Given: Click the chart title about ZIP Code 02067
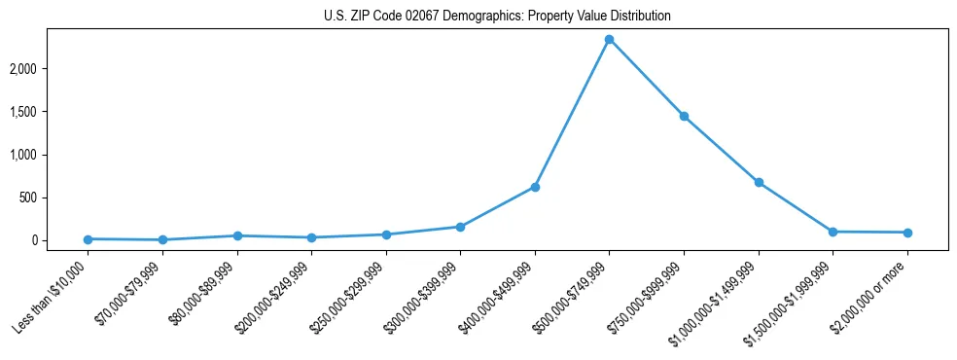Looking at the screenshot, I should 497,17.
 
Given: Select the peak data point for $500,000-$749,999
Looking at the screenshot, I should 609,40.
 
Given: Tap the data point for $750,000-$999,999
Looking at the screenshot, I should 684,117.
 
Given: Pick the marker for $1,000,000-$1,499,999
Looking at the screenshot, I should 759,183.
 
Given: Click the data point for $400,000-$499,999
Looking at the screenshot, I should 535,187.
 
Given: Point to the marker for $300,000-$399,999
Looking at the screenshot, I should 460,227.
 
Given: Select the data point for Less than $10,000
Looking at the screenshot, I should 88,239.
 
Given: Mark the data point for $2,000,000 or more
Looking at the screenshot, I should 907,233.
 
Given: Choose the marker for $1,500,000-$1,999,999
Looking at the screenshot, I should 833,232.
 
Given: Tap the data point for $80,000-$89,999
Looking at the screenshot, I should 237,235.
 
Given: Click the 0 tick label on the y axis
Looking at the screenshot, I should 60,240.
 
